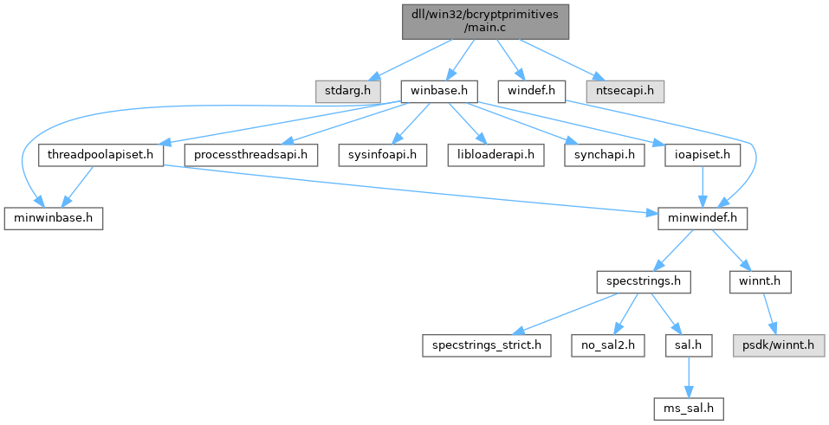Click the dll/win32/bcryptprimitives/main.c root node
point(485,20)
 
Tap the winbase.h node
point(439,90)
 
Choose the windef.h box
point(532,90)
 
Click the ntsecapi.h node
point(625,90)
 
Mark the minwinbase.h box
point(54,218)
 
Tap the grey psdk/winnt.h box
point(775,345)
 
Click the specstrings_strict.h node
point(487,345)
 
